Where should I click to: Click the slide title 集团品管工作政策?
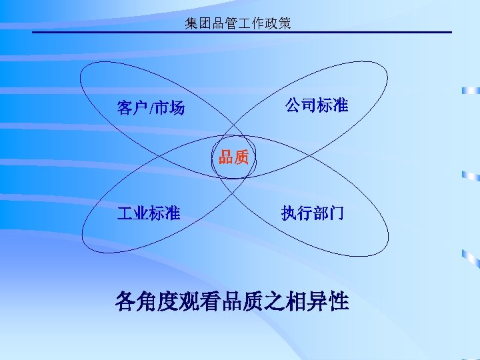tap(238, 24)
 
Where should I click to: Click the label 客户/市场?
tap(151, 107)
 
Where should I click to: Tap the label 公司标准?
tap(317, 105)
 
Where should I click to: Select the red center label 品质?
tap(234, 157)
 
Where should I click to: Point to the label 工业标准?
tap(148, 213)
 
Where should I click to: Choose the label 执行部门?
tap(313, 213)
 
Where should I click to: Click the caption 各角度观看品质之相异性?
tap(231, 301)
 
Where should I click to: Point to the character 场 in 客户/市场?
tap(177, 107)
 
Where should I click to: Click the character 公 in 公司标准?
tap(293, 105)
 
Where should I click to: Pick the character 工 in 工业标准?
tap(124, 213)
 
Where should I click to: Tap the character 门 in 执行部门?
tap(337, 213)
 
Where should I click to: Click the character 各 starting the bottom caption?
tap(127, 301)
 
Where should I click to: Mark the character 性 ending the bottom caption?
tap(338, 301)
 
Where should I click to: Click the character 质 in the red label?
tap(241, 157)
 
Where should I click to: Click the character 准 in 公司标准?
tap(340, 105)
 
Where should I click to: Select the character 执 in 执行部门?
tap(289, 213)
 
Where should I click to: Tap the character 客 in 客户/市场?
tap(124, 107)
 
